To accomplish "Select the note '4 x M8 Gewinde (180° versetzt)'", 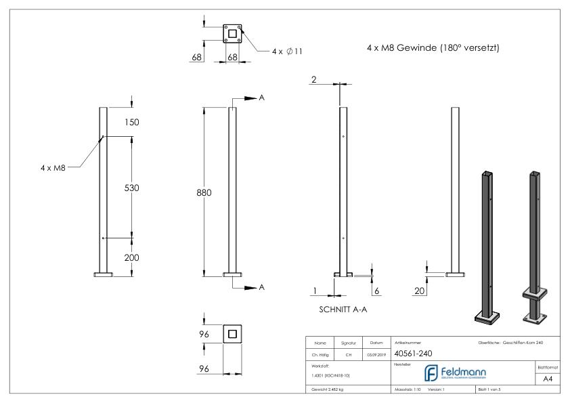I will (432, 49).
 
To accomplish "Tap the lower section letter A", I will (262, 288).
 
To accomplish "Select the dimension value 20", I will (420, 291).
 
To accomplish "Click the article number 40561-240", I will (414, 353).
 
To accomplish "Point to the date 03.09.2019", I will (376, 353).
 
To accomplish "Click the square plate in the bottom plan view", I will (232, 334).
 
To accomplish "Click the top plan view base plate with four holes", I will (232, 33).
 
